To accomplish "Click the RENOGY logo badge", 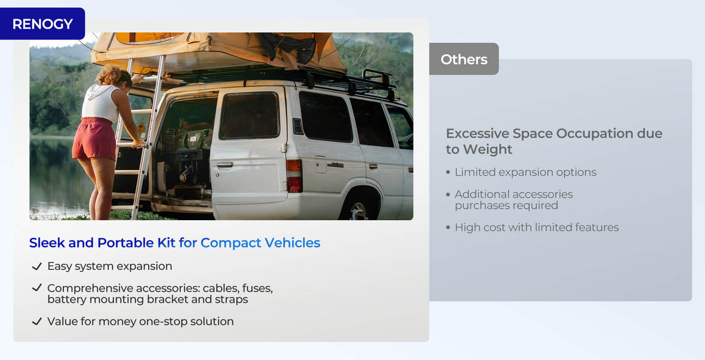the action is coord(42,24).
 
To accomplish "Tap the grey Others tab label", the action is coord(464,59).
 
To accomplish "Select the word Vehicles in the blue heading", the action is coord(292,243).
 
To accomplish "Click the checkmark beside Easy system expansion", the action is coord(37,266).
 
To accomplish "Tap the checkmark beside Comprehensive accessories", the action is coord(37,288).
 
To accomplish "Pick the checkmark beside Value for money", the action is coord(37,321).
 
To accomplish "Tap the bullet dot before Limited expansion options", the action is coord(448,172).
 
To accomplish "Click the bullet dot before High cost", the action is coord(448,227).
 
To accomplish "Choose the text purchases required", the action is coord(506,206).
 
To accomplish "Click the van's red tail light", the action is coord(294,176).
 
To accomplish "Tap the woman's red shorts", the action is coord(94,139).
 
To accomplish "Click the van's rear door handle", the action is coord(224,164).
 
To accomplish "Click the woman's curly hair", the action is coord(113,76).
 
